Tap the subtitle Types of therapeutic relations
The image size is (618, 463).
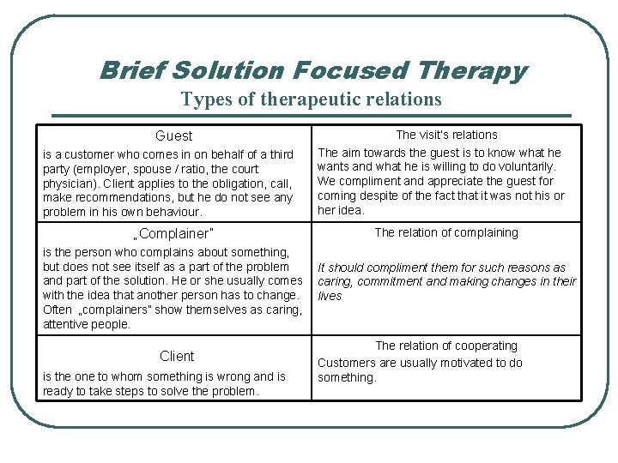click(x=311, y=99)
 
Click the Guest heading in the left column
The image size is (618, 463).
click(x=174, y=135)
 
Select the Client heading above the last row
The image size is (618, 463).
click(x=177, y=356)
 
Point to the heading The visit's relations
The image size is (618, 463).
click(x=446, y=135)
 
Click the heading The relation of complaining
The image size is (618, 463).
click(x=446, y=232)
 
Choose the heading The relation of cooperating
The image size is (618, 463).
click(x=446, y=346)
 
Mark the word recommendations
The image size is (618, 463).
click(x=117, y=197)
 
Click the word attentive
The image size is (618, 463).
click(x=68, y=325)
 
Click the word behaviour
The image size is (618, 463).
click(x=175, y=212)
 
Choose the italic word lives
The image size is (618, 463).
click(x=330, y=297)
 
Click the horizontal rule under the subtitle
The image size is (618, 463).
click(x=311, y=116)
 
